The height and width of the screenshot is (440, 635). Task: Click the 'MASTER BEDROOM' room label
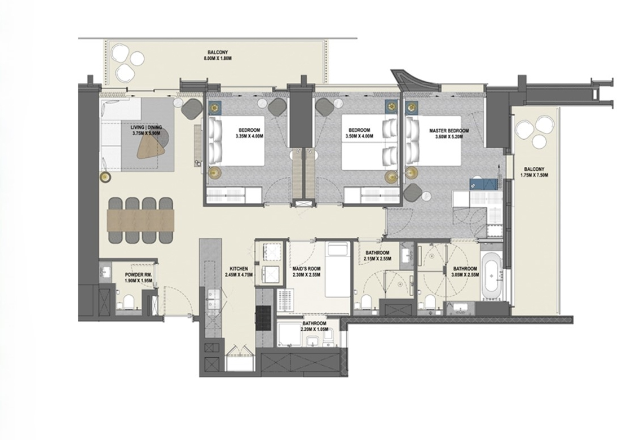click(448, 131)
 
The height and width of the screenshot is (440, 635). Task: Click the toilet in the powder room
click(127, 305)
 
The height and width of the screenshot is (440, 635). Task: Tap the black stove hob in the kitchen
click(263, 317)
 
